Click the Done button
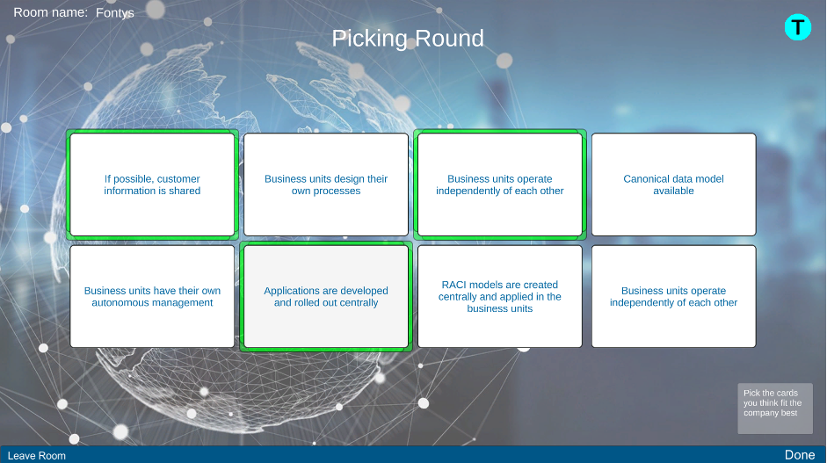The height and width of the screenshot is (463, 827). [800, 454]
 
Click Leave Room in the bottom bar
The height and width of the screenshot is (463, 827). [36, 456]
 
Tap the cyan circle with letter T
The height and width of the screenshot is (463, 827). [797, 27]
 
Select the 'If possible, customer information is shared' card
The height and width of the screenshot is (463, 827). [152, 184]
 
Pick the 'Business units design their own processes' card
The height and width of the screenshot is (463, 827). [326, 184]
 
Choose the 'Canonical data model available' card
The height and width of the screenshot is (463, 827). [673, 184]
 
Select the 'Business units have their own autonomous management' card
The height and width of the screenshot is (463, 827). [152, 296]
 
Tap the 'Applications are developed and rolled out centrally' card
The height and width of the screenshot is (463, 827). [326, 296]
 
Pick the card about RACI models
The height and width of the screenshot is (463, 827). [500, 296]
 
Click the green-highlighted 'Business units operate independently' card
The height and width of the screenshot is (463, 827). [500, 184]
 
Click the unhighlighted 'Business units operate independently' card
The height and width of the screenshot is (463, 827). [673, 296]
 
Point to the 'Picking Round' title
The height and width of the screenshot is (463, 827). [408, 39]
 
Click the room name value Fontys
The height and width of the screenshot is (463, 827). [115, 13]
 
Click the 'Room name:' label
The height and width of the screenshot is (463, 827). [51, 12]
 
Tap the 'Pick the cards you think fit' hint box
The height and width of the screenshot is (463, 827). [775, 409]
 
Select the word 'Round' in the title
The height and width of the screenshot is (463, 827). [449, 39]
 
